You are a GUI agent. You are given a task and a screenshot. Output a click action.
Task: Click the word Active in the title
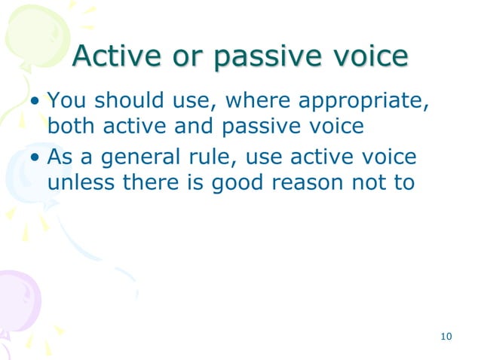(x=118, y=57)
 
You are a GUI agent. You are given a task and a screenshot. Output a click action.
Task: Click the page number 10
(x=446, y=336)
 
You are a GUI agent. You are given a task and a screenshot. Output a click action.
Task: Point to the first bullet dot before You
(x=35, y=102)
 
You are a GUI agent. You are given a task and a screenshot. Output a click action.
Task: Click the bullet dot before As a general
(x=35, y=158)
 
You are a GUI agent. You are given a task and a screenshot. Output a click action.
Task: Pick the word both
(x=72, y=126)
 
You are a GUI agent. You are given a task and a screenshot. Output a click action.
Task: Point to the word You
(x=66, y=99)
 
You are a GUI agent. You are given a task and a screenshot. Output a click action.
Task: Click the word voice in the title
(x=369, y=57)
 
